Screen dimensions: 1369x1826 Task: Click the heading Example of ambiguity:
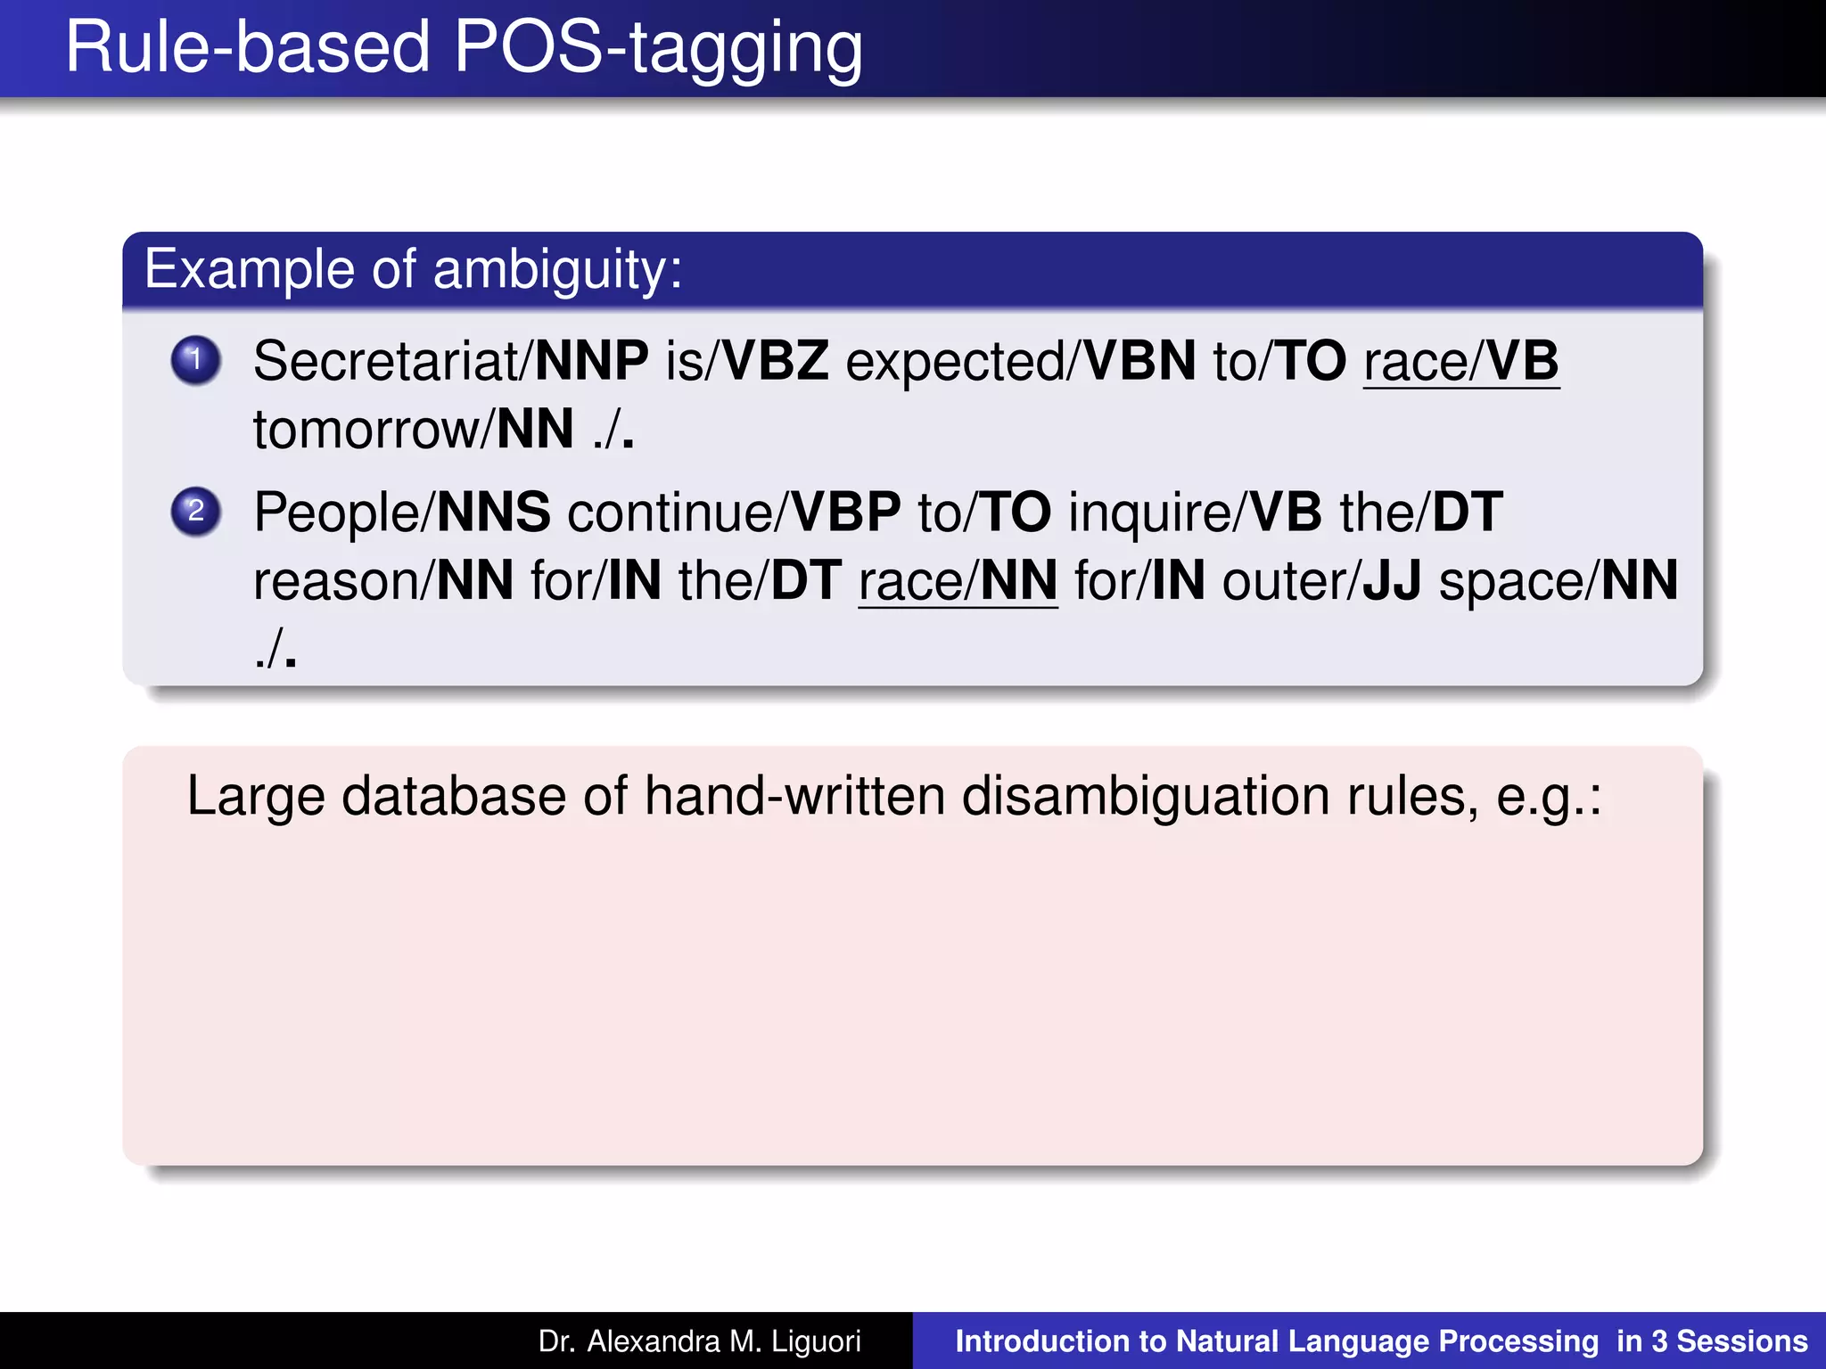click(413, 269)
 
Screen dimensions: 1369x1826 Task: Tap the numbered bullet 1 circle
click(196, 360)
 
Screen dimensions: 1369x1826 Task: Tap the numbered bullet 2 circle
click(196, 512)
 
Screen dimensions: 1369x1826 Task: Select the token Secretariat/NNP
click(450, 361)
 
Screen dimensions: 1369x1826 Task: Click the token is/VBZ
click(746, 361)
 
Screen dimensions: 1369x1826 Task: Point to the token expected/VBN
click(1020, 361)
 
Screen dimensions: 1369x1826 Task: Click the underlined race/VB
click(1460, 361)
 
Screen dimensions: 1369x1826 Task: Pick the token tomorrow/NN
click(413, 430)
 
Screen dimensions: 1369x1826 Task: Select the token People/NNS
click(401, 512)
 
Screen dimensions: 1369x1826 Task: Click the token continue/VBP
click(733, 512)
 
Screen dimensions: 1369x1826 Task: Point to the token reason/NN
click(383, 581)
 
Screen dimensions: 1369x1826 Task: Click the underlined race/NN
click(958, 581)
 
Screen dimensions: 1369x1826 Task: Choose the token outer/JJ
click(1321, 581)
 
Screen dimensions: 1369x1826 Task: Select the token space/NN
click(1559, 581)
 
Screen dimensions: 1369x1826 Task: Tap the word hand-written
click(794, 796)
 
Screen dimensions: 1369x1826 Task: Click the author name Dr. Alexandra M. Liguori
click(700, 1341)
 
